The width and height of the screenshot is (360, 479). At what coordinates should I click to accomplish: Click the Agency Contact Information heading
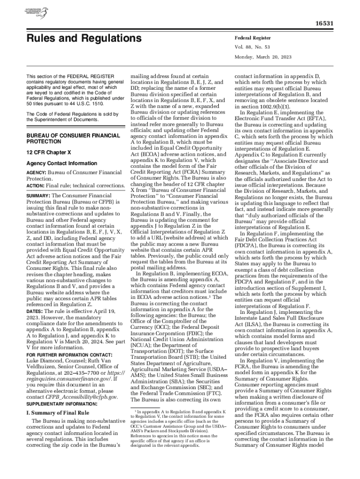(x=62, y=163)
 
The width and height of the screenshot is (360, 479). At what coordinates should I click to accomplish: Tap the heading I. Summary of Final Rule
(x=58, y=413)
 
